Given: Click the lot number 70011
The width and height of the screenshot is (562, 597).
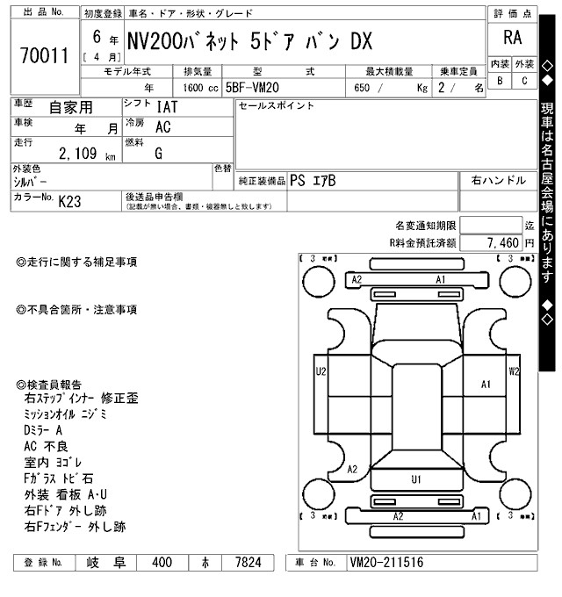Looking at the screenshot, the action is click(42, 57).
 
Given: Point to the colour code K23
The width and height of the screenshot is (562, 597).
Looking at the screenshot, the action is click(69, 201).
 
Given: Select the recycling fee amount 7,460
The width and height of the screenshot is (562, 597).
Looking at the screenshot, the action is click(504, 241).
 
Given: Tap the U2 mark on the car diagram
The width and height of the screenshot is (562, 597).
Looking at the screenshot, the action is click(321, 371).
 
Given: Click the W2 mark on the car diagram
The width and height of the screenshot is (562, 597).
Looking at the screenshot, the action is click(514, 370).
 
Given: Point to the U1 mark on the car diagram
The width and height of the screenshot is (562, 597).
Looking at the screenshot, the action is click(416, 478).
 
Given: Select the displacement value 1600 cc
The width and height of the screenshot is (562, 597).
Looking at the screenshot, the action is click(200, 88).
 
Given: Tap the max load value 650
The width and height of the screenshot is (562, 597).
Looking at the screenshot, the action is click(362, 88).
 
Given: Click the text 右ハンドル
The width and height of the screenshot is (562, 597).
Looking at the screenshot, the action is click(499, 180).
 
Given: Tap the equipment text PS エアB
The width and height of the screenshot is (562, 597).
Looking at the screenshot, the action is click(312, 180).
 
